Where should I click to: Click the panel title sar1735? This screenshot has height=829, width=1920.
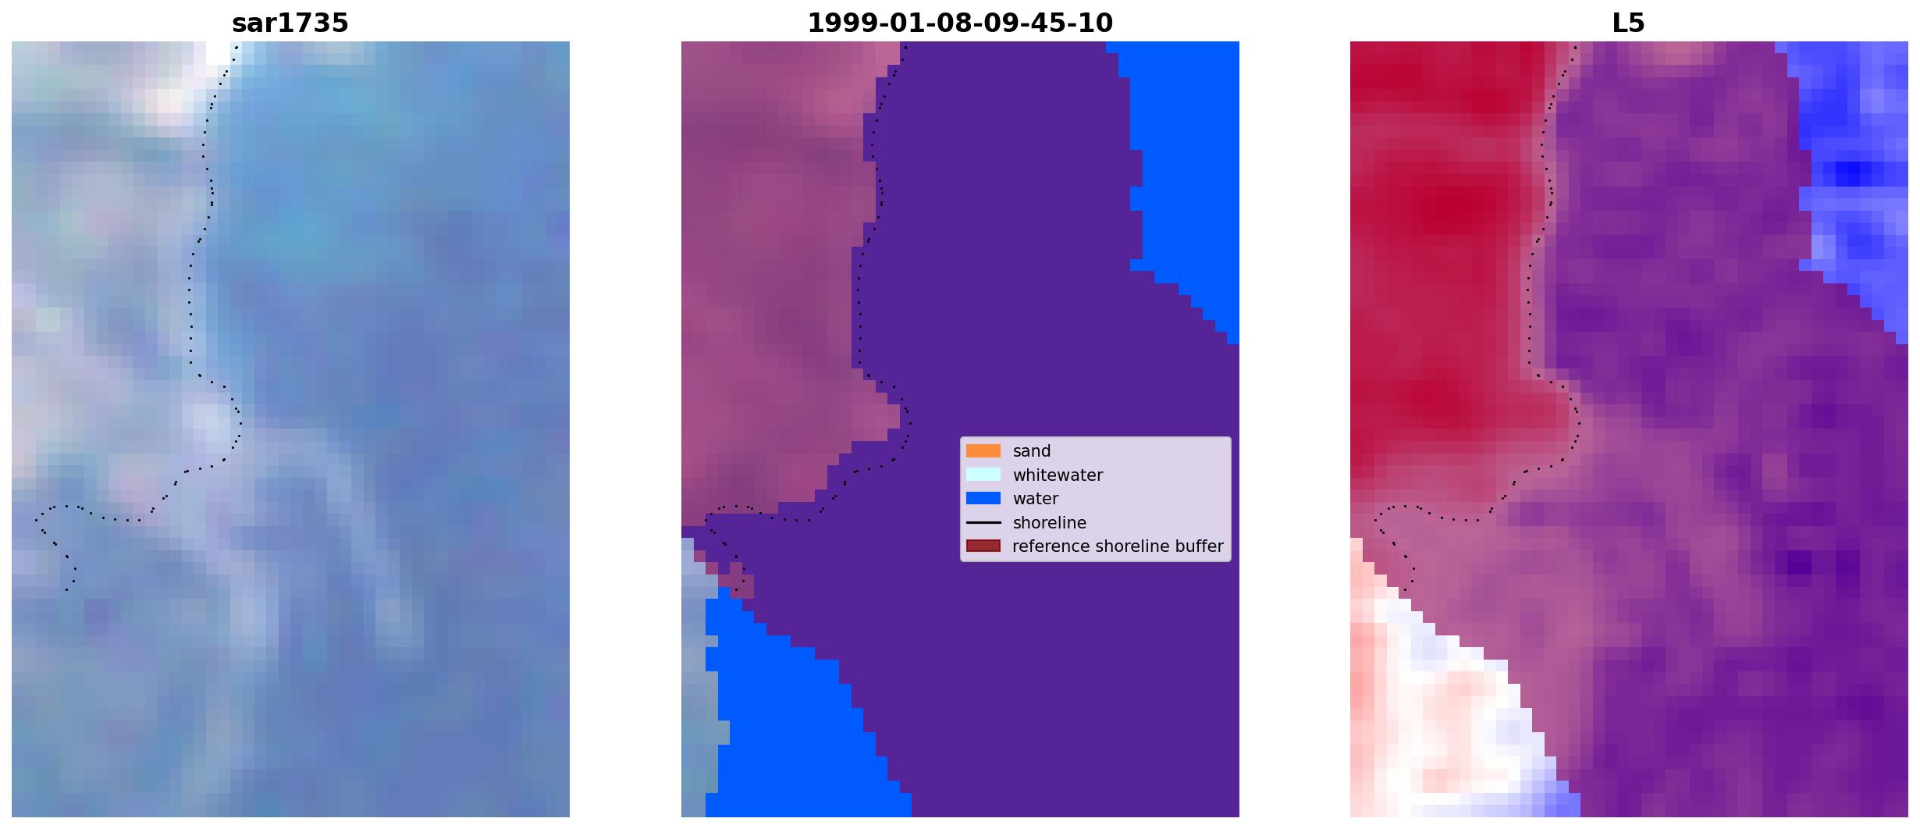[290, 23]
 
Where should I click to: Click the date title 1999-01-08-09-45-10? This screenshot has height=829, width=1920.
[960, 23]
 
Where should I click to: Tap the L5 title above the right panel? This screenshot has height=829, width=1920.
[1629, 23]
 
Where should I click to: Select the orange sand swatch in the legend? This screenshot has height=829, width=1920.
[983, 451]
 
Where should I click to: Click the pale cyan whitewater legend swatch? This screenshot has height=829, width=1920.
[983, 475]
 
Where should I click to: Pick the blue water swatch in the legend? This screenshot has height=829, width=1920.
[983, 498]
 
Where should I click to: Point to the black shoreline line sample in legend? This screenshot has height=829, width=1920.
[983, 522]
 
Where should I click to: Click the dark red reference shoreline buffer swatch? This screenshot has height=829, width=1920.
[983, 546]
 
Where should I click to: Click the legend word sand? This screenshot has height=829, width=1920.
[1032, 451]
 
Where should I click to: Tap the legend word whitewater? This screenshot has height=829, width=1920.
[1058, 475]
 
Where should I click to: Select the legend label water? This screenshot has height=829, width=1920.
[1036, 498]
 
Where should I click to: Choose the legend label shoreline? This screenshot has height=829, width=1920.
[1049, 522]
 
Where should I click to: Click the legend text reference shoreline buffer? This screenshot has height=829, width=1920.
[1118, 546]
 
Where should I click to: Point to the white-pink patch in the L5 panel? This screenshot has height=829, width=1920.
[1436, 703]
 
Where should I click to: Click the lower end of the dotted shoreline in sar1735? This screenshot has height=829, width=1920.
[66, 589]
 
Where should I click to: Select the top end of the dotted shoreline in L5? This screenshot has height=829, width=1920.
[1575, 47]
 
